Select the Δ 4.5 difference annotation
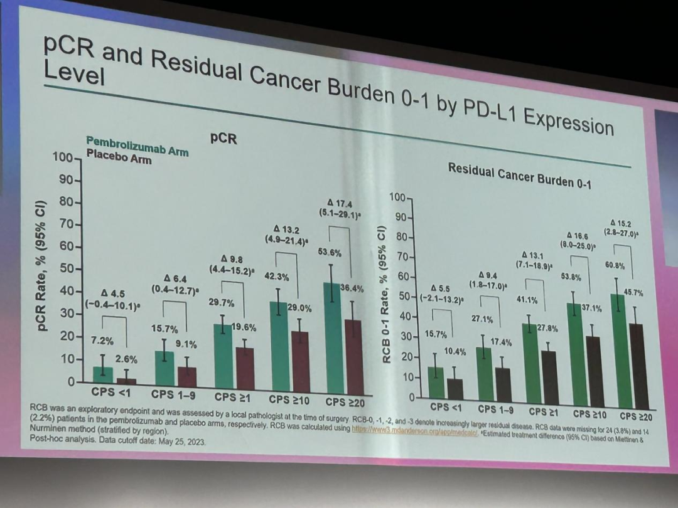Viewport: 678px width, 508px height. pyautogui.click(x=114, y=292)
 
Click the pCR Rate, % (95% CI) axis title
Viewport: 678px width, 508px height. pyautogui.click(x=42, y=266)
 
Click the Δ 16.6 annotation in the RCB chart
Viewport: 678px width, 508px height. pyautogui.click(x=577, y=236)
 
